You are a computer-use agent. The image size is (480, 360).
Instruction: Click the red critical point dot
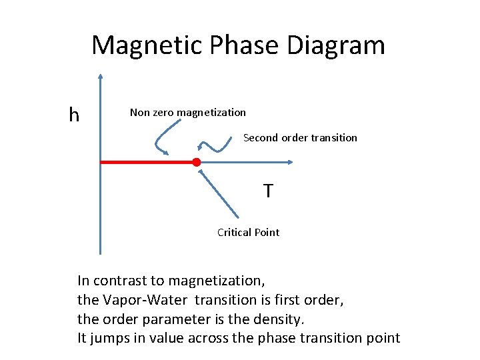[196, 162]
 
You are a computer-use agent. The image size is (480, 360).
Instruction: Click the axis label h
[74, 115]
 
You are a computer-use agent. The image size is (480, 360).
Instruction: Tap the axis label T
[267, 192]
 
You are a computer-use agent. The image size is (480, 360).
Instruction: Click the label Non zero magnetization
[187, 113]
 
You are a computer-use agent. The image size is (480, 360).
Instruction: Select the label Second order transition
[300, 138]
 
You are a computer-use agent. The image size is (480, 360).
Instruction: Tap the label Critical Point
[248, 232]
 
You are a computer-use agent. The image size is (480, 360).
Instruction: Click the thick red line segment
[147, 162]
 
